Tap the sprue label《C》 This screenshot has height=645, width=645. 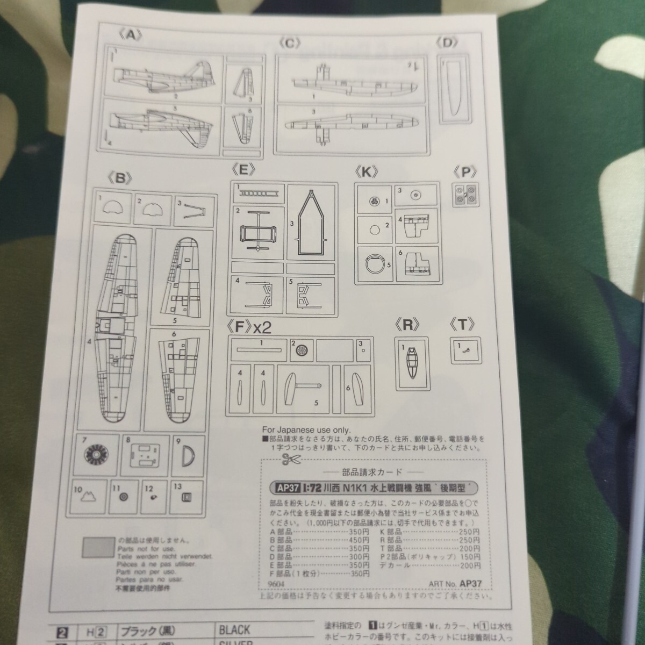click(290, 44)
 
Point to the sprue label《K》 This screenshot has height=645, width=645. click(367, 172)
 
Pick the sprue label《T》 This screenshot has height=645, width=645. click(463, 324)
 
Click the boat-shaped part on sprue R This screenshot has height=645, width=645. click(412, 363)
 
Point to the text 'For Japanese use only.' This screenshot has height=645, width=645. click(306, 430)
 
